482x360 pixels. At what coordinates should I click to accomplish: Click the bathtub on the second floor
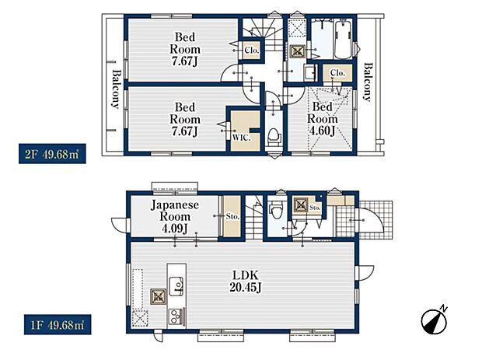pos(341,38)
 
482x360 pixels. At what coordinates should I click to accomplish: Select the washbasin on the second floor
pos(308,73)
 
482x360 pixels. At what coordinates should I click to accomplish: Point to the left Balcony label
pos(116,89)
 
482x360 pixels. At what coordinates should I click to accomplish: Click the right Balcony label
pos(366,82)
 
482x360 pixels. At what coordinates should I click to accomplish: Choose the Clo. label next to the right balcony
pos(337,73)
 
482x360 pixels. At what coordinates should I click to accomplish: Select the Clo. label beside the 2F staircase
pos(253,51)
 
